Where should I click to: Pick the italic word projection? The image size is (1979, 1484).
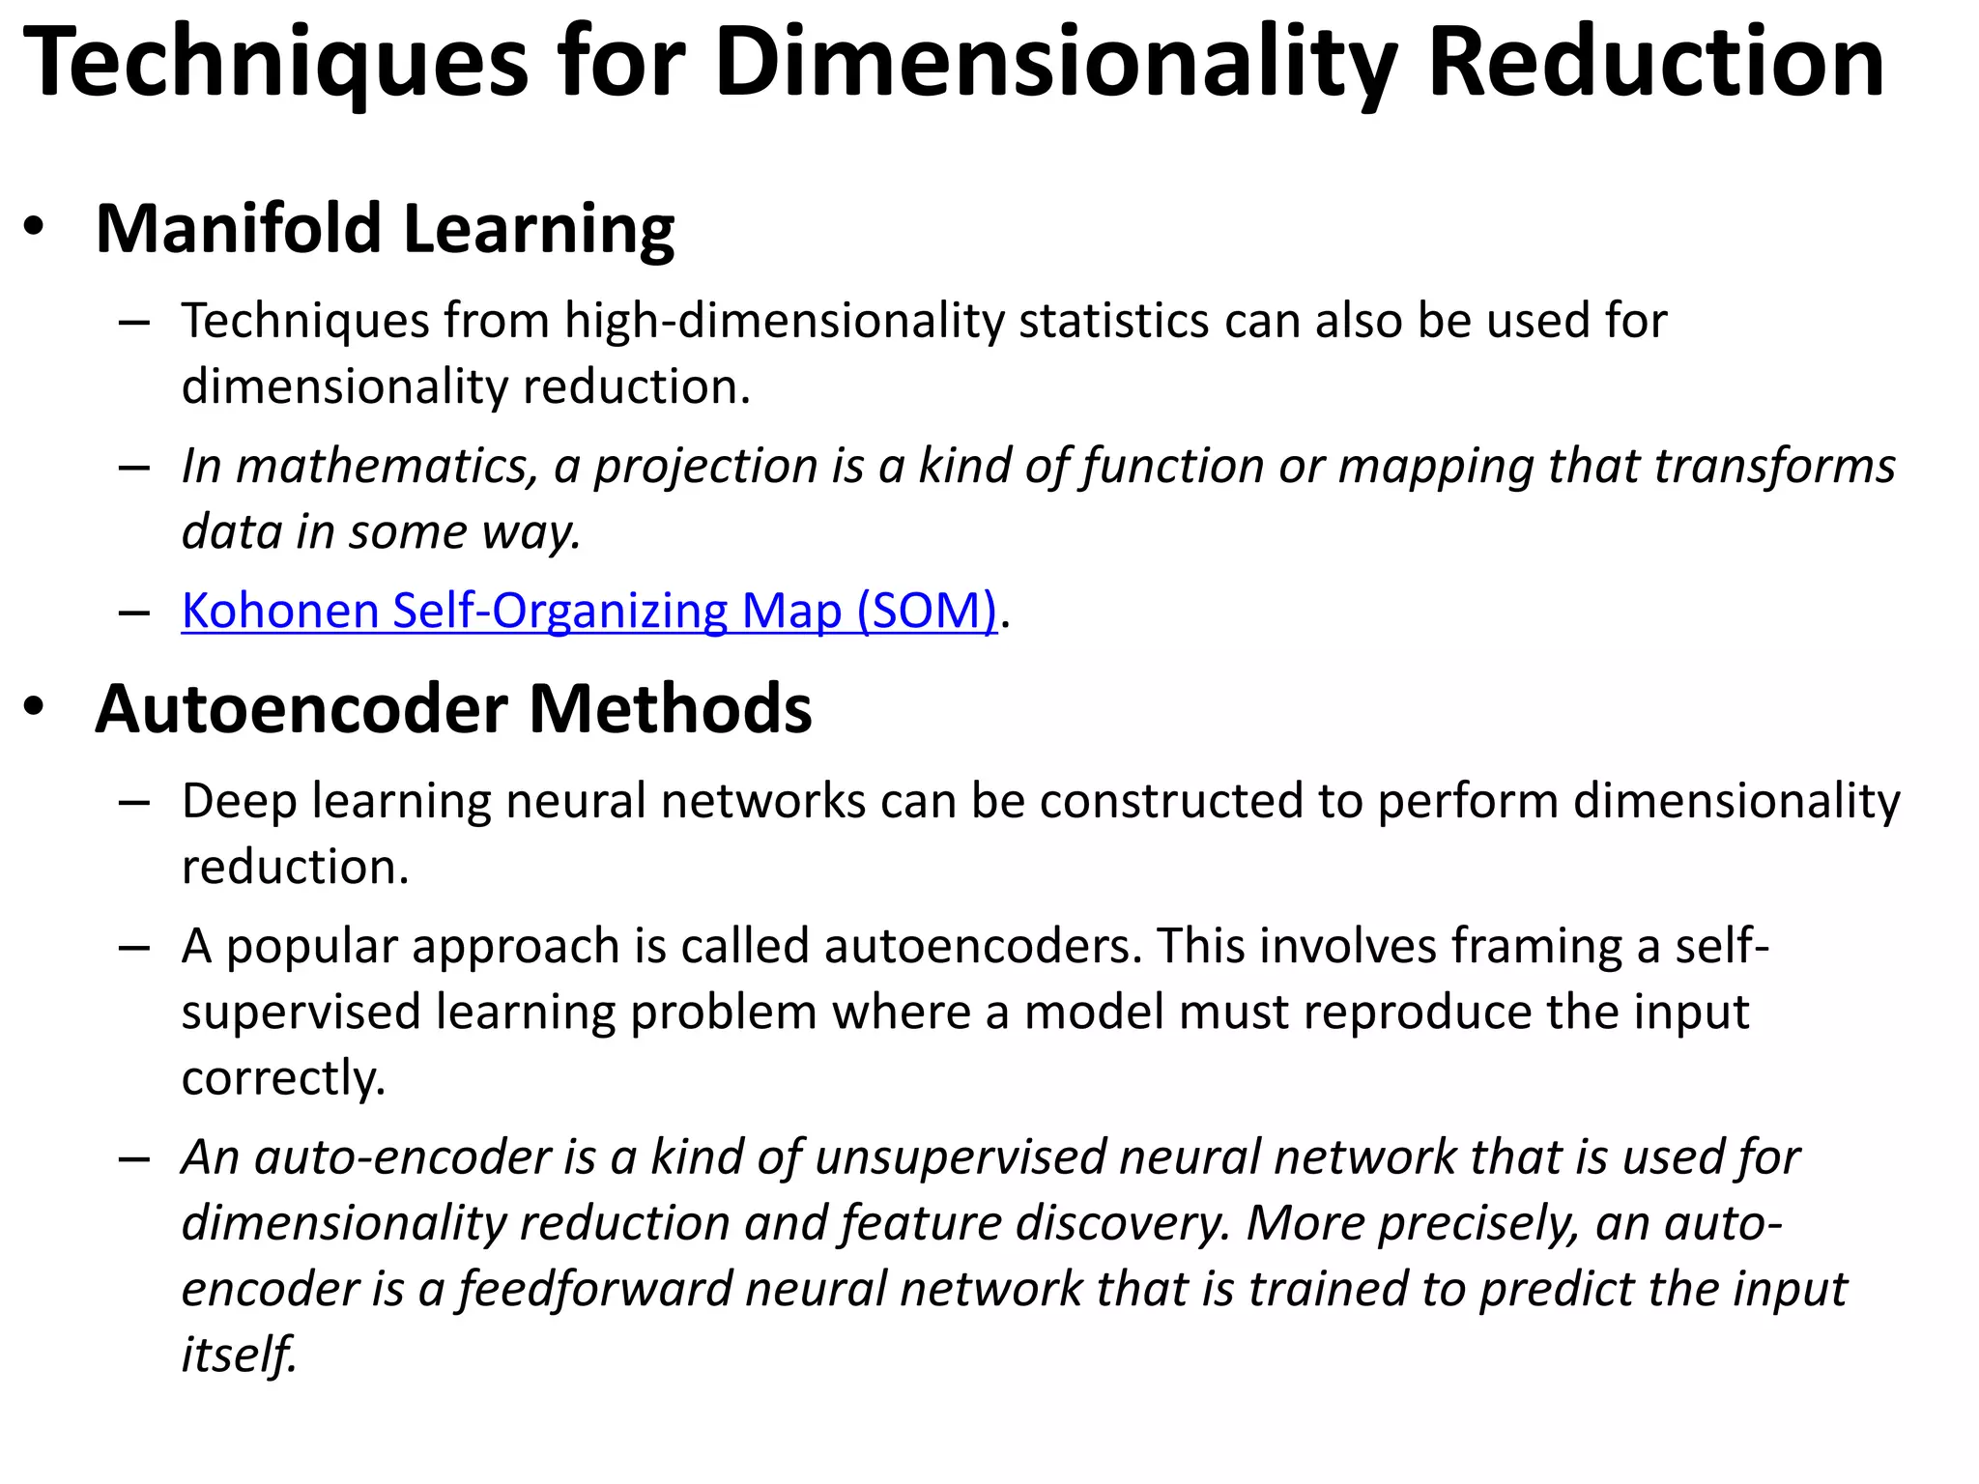coord(704,467)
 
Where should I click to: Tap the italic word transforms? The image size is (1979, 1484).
coord(1774,467)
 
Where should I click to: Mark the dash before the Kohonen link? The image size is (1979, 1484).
coord(134,613)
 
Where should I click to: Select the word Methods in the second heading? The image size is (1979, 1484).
coord(670,709)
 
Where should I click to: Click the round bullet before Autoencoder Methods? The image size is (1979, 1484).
coord(35,707)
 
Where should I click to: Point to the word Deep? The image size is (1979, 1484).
coord(239,802)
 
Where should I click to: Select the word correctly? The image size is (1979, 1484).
coord(283,1078)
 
